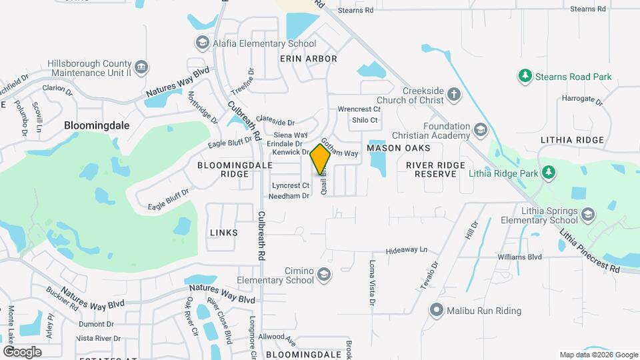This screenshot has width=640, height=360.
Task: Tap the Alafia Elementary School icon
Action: [201, 43]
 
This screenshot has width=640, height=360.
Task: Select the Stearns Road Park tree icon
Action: [525, 77]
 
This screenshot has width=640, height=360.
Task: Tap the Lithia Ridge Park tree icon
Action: [548, 173]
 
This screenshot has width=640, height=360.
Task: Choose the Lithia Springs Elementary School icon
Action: [587, 214]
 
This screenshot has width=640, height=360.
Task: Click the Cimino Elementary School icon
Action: [323, 275]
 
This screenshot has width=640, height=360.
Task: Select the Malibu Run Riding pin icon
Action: [437, 310]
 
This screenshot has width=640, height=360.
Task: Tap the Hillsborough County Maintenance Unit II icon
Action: [141, 67]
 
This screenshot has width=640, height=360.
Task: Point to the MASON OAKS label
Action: [398, 147]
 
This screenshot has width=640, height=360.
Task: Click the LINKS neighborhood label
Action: [223, 233]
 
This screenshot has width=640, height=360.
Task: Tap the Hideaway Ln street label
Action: [407, 250]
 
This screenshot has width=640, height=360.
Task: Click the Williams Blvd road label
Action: [519, 257]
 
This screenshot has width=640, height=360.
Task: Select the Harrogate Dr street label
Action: [581, 99]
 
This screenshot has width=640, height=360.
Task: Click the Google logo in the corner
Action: [22, 351]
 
